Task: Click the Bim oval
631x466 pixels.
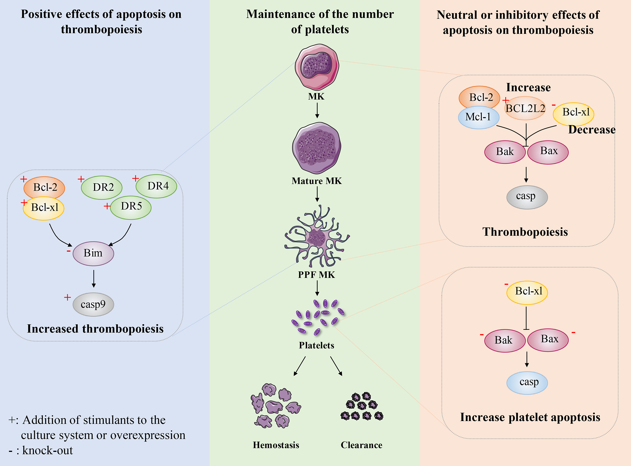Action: click(93, 253)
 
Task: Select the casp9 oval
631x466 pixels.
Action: click(93, 304)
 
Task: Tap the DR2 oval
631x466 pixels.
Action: click(102, 188)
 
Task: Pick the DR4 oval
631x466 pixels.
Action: click(156, 186)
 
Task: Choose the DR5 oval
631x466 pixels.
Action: click(131, 208)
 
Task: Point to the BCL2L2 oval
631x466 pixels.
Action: click(525, 108)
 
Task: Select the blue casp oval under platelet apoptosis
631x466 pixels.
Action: click(527, 383)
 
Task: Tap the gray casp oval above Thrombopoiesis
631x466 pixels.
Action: click(527, 197)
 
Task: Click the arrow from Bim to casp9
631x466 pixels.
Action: click(94, 279)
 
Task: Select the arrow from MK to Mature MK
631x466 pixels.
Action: click(317, 110)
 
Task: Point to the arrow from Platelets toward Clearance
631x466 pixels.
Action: click(336, 366)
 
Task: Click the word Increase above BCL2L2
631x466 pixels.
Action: click(528, 87)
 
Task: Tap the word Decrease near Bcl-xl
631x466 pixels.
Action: click(592, 129)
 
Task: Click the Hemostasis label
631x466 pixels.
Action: click(276, 445)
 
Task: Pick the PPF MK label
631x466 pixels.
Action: click(317, 275)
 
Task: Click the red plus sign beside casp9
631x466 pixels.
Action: click(67, 297)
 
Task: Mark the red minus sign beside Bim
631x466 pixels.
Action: click(69, 251)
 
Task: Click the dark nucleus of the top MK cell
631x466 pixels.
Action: click(316, 65)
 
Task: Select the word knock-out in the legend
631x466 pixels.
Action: click(47, 450)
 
